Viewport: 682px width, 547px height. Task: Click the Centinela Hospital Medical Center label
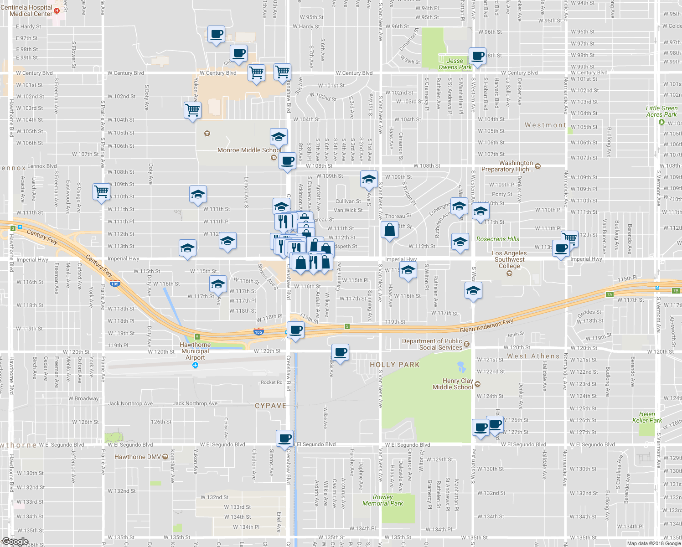(27, 10)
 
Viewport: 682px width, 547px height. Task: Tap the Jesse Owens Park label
(455, 64)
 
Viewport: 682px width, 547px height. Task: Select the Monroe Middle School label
(249, 150)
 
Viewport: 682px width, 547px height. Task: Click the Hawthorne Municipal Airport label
(195, 351)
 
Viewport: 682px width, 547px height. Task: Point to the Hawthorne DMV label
(137, 457)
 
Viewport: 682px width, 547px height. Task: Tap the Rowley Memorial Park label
(382, 500)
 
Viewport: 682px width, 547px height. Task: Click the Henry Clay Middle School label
(453, 384)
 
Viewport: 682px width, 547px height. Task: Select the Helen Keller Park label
(647, 417)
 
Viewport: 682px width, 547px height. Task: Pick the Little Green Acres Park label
(661, 111)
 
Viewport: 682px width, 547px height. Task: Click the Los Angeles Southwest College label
(509, 259)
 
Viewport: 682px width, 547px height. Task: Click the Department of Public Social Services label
(432, 344)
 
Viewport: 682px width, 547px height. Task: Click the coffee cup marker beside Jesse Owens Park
(477, 57)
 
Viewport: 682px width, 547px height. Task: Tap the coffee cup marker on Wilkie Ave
(340, 352)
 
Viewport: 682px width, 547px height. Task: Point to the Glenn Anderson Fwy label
(486, 326)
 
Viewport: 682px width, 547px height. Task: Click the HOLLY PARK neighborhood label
(394, 365)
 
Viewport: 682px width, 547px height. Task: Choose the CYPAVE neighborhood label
(270, 406)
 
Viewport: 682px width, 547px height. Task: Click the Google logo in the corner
(15, 542)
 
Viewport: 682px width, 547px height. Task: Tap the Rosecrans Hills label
(497, 239)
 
